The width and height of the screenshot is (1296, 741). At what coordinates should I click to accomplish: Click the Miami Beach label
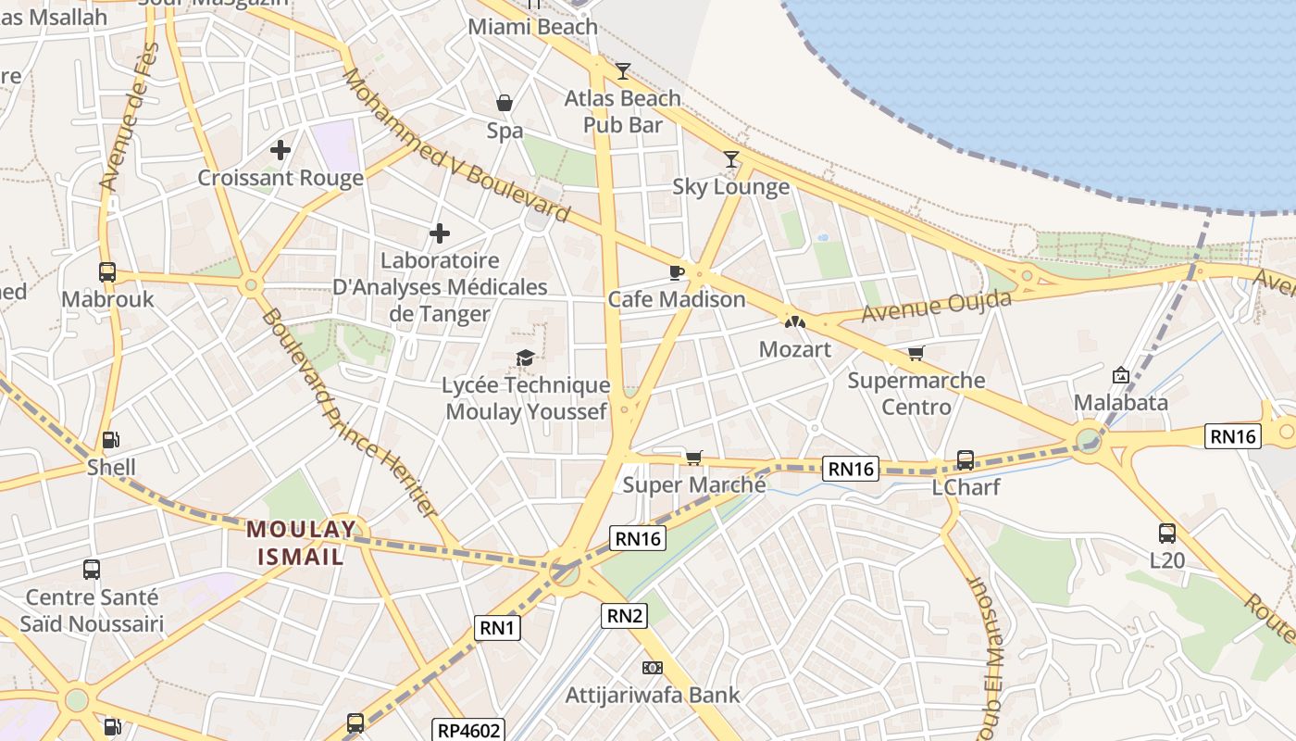coord(532,27)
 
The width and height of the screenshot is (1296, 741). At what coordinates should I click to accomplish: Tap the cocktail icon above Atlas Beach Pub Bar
coord(623,70)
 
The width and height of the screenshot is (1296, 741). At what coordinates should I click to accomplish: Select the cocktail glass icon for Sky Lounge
coord(731,159)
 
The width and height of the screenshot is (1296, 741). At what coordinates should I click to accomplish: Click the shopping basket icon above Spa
coord(505,102)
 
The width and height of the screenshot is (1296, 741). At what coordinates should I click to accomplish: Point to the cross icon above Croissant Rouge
coord(280,149)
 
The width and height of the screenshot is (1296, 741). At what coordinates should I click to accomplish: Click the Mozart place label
coord(794,349)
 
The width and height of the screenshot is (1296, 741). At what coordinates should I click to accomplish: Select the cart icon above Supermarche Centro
coord(916,353)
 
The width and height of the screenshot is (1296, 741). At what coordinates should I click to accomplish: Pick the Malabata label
coord(1120,403)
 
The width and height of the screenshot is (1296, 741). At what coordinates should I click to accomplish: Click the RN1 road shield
coord(498,628)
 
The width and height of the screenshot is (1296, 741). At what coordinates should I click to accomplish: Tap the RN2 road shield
coord(624,615)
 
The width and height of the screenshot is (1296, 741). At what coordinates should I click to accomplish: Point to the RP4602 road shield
coord(469,731)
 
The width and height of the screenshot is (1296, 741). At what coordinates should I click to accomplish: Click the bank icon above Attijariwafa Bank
coord(653,668)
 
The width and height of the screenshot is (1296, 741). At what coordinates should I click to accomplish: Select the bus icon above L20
coord(1166,534)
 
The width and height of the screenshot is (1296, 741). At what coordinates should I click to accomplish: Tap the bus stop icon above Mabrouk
coord(107,272)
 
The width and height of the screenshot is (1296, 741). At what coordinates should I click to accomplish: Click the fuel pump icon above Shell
coord(110,440)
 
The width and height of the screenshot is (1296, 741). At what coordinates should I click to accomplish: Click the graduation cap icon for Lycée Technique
coord(525,358)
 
